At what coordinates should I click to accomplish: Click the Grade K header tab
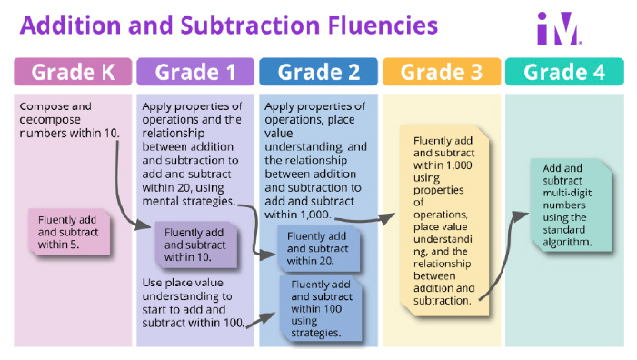click(x=73, y=71)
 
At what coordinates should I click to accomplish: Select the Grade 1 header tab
click(x=194, y=71)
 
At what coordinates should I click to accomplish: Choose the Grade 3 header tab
click(x=441, y=71)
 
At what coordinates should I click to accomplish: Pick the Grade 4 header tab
click(x=564, y=71)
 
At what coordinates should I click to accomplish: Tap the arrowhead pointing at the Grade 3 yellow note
click(x=390, y=217)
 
